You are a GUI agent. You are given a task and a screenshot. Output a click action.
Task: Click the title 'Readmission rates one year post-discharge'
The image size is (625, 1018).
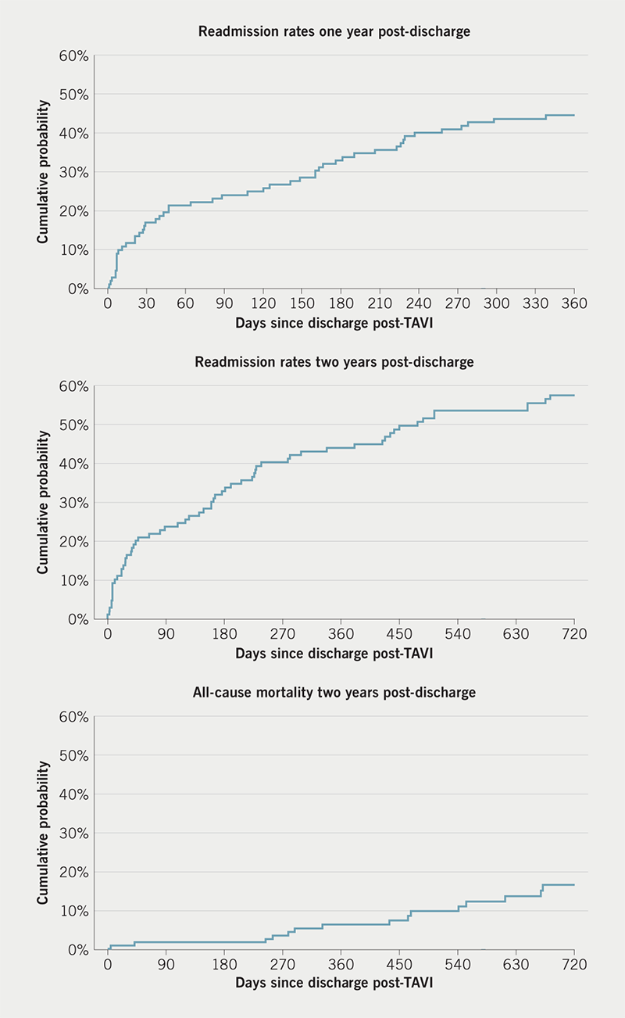[x=341, y=32]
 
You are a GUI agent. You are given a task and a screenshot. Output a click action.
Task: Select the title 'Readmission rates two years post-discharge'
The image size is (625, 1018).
[x=341, y=362]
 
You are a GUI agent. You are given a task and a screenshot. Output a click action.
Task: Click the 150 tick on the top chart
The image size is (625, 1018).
[x=302, y=303]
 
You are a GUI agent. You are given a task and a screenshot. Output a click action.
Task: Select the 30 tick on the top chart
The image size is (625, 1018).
[x=146, y=303]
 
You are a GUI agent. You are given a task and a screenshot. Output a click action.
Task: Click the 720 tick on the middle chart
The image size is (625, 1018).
[x=573, y=633]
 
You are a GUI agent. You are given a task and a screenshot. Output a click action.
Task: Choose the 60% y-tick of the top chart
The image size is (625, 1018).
[x=77, y=56]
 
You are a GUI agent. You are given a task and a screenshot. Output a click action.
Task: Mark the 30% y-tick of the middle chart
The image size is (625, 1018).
[x=77, y=503]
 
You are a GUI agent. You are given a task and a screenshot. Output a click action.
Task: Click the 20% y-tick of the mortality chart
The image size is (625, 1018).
[x=77, y=872]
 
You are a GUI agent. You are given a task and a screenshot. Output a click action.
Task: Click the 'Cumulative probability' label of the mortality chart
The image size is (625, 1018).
[x=44, y=833]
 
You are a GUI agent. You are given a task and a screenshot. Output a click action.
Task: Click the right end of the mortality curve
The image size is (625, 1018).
[x=574, y=885]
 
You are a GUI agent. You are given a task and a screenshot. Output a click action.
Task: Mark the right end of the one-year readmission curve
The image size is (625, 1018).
[x=574, y=115]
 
